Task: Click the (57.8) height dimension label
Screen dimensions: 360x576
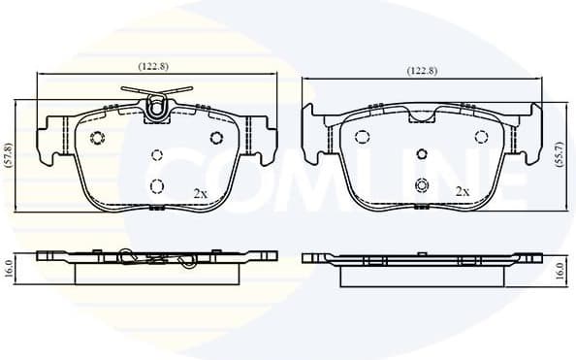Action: [x=9, y=155]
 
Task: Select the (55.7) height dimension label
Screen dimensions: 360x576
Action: [x=560, y=155]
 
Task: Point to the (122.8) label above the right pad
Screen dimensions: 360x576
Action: [x=421, y=71]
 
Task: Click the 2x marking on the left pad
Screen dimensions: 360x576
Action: [x=201, y=193]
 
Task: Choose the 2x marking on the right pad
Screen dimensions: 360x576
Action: [x=463, y=191]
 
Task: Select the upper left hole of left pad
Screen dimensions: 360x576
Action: [x=96, y=137]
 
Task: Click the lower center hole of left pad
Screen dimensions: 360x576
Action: [x=157, y=186]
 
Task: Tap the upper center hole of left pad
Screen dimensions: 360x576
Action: [x=157, y=154]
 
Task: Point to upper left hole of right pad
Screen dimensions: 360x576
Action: [x=361, y=137]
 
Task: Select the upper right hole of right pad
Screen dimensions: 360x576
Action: [x=479, y=137]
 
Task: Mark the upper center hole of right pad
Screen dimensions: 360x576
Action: [x=420, y=153]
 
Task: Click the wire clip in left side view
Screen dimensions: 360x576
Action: [x=155, y=260]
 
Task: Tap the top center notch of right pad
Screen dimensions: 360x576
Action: [x=420, y=115]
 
